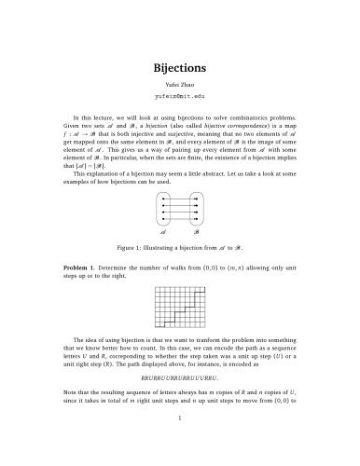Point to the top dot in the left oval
pyautogui.click(x=164, y=199)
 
